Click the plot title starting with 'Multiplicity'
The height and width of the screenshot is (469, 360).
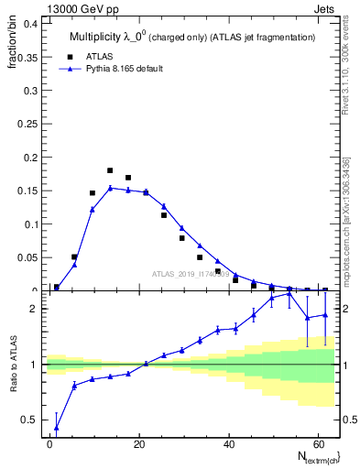point(192,37)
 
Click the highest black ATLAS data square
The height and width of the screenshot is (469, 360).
point(110,170)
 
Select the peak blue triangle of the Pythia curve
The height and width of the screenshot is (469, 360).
point(110,188)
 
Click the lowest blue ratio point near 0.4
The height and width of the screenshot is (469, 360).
point(57,427)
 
